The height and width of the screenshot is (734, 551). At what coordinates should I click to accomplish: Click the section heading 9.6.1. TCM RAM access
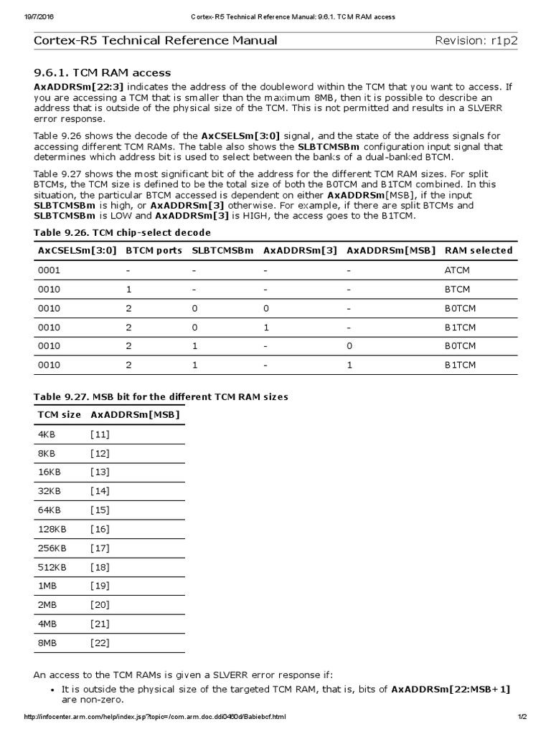[103, 72]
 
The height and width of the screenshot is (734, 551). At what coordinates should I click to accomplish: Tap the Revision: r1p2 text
[476, 40]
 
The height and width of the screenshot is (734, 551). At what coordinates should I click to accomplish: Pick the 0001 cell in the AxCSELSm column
[49, 270]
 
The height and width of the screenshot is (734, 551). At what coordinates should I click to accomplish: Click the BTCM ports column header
[154, 250]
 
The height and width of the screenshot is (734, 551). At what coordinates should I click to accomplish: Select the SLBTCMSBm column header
[222, 250]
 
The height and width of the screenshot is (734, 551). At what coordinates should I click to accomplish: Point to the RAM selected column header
[479, 250]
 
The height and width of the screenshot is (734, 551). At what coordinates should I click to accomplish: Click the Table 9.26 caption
[122, 232]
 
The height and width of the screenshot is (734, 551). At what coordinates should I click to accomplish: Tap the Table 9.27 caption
[161, 396]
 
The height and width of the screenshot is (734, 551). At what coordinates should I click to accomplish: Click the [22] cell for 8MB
[100, 642]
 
